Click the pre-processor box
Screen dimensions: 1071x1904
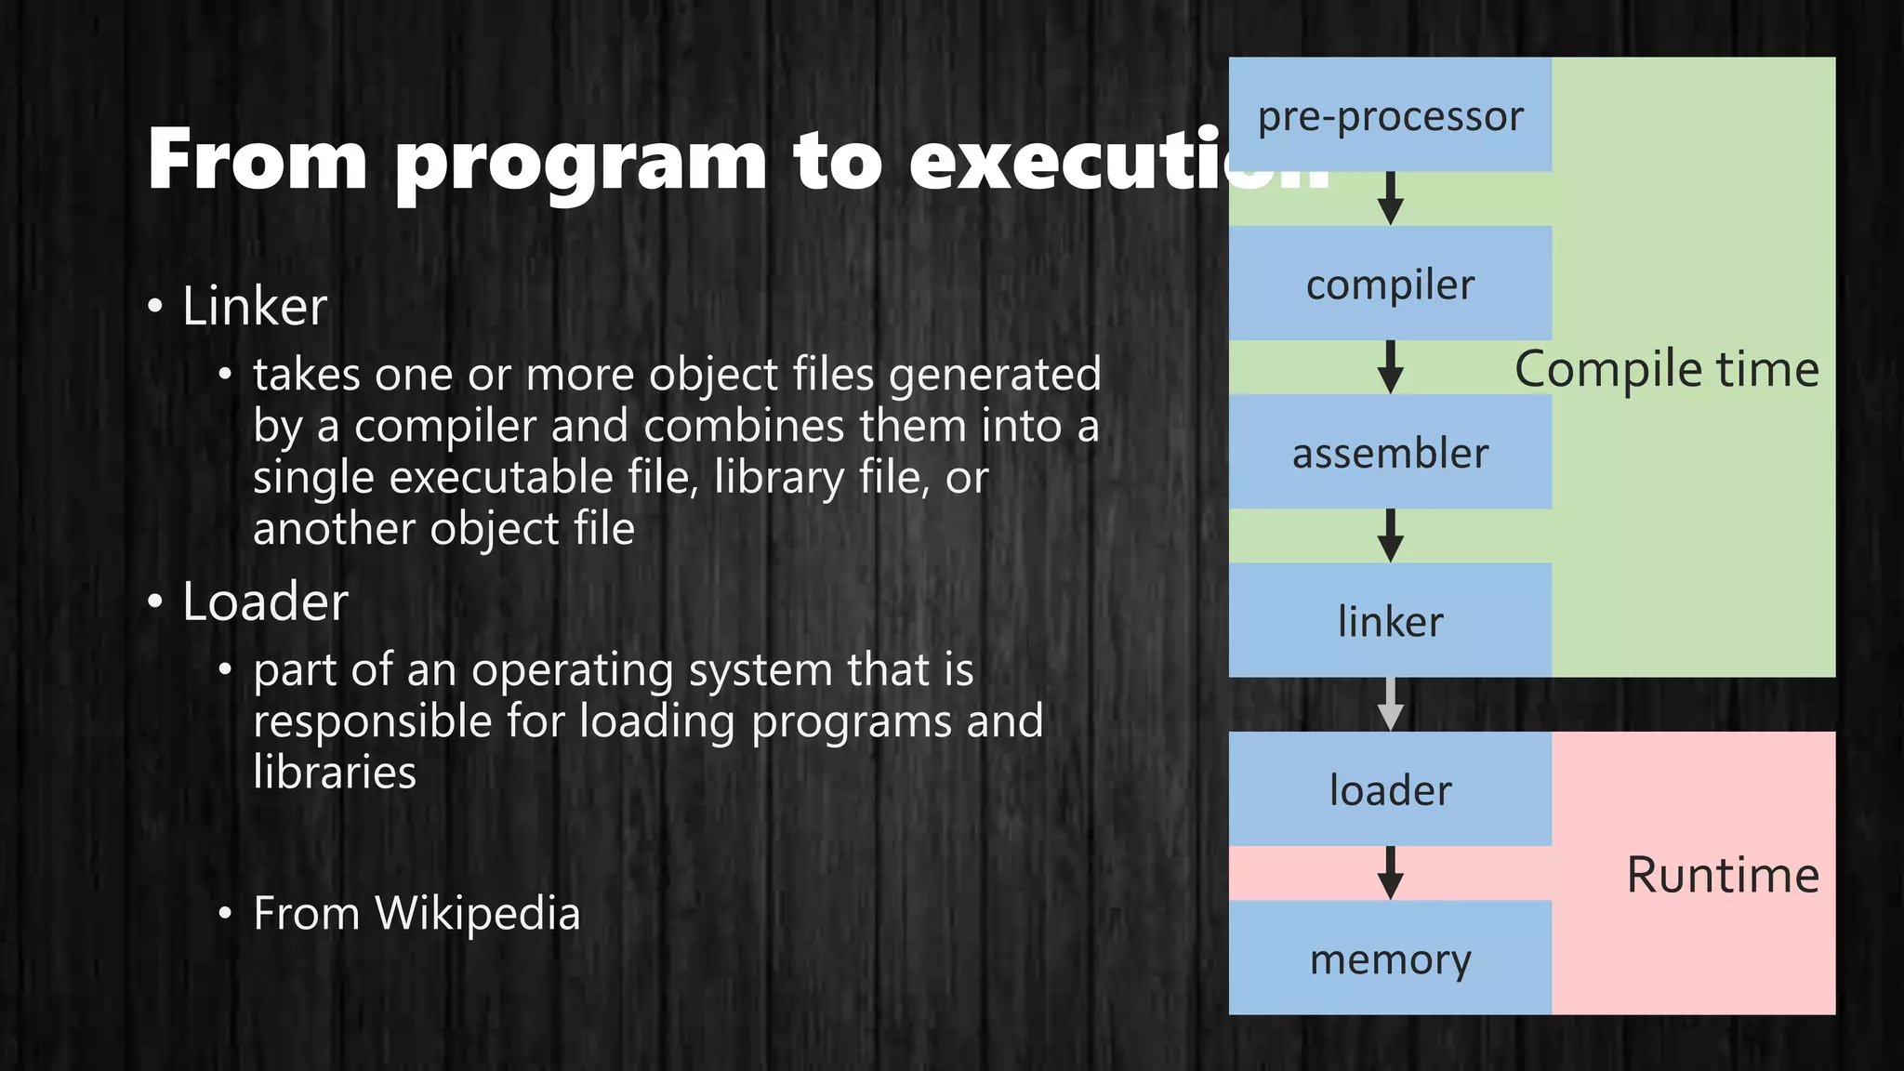[x=1390, y=115]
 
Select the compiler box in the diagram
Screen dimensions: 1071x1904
[x=1390, y=284]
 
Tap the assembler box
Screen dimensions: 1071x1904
[x=1390, y=453]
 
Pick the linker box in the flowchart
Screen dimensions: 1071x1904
[x=1390, y=621]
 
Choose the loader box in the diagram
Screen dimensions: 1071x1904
[x=1390, y=789]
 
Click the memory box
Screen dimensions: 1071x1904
[x=1390, y=959]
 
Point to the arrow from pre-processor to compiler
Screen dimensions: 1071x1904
[x=1390, y=198]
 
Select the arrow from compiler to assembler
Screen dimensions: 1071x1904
[x=1390, y=366]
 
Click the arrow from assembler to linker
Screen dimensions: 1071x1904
[x=1390, y=535]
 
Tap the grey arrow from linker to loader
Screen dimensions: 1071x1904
[x=1390, y=704]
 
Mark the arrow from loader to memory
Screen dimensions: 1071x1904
[x=1390, y=872]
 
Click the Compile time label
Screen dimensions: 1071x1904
[x=1666, y=369]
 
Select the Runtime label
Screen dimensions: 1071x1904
[x=1722, y=875]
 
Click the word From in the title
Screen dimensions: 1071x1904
[x=258, y=159]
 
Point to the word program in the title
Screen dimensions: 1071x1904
[x=580, y=163]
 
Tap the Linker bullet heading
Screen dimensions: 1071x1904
[x=255, y=306]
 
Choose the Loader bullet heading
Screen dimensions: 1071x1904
[x=265, y=602]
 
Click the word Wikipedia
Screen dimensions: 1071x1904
[x=477, y=913]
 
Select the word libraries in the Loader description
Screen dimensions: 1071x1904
[x=335, y=772]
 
